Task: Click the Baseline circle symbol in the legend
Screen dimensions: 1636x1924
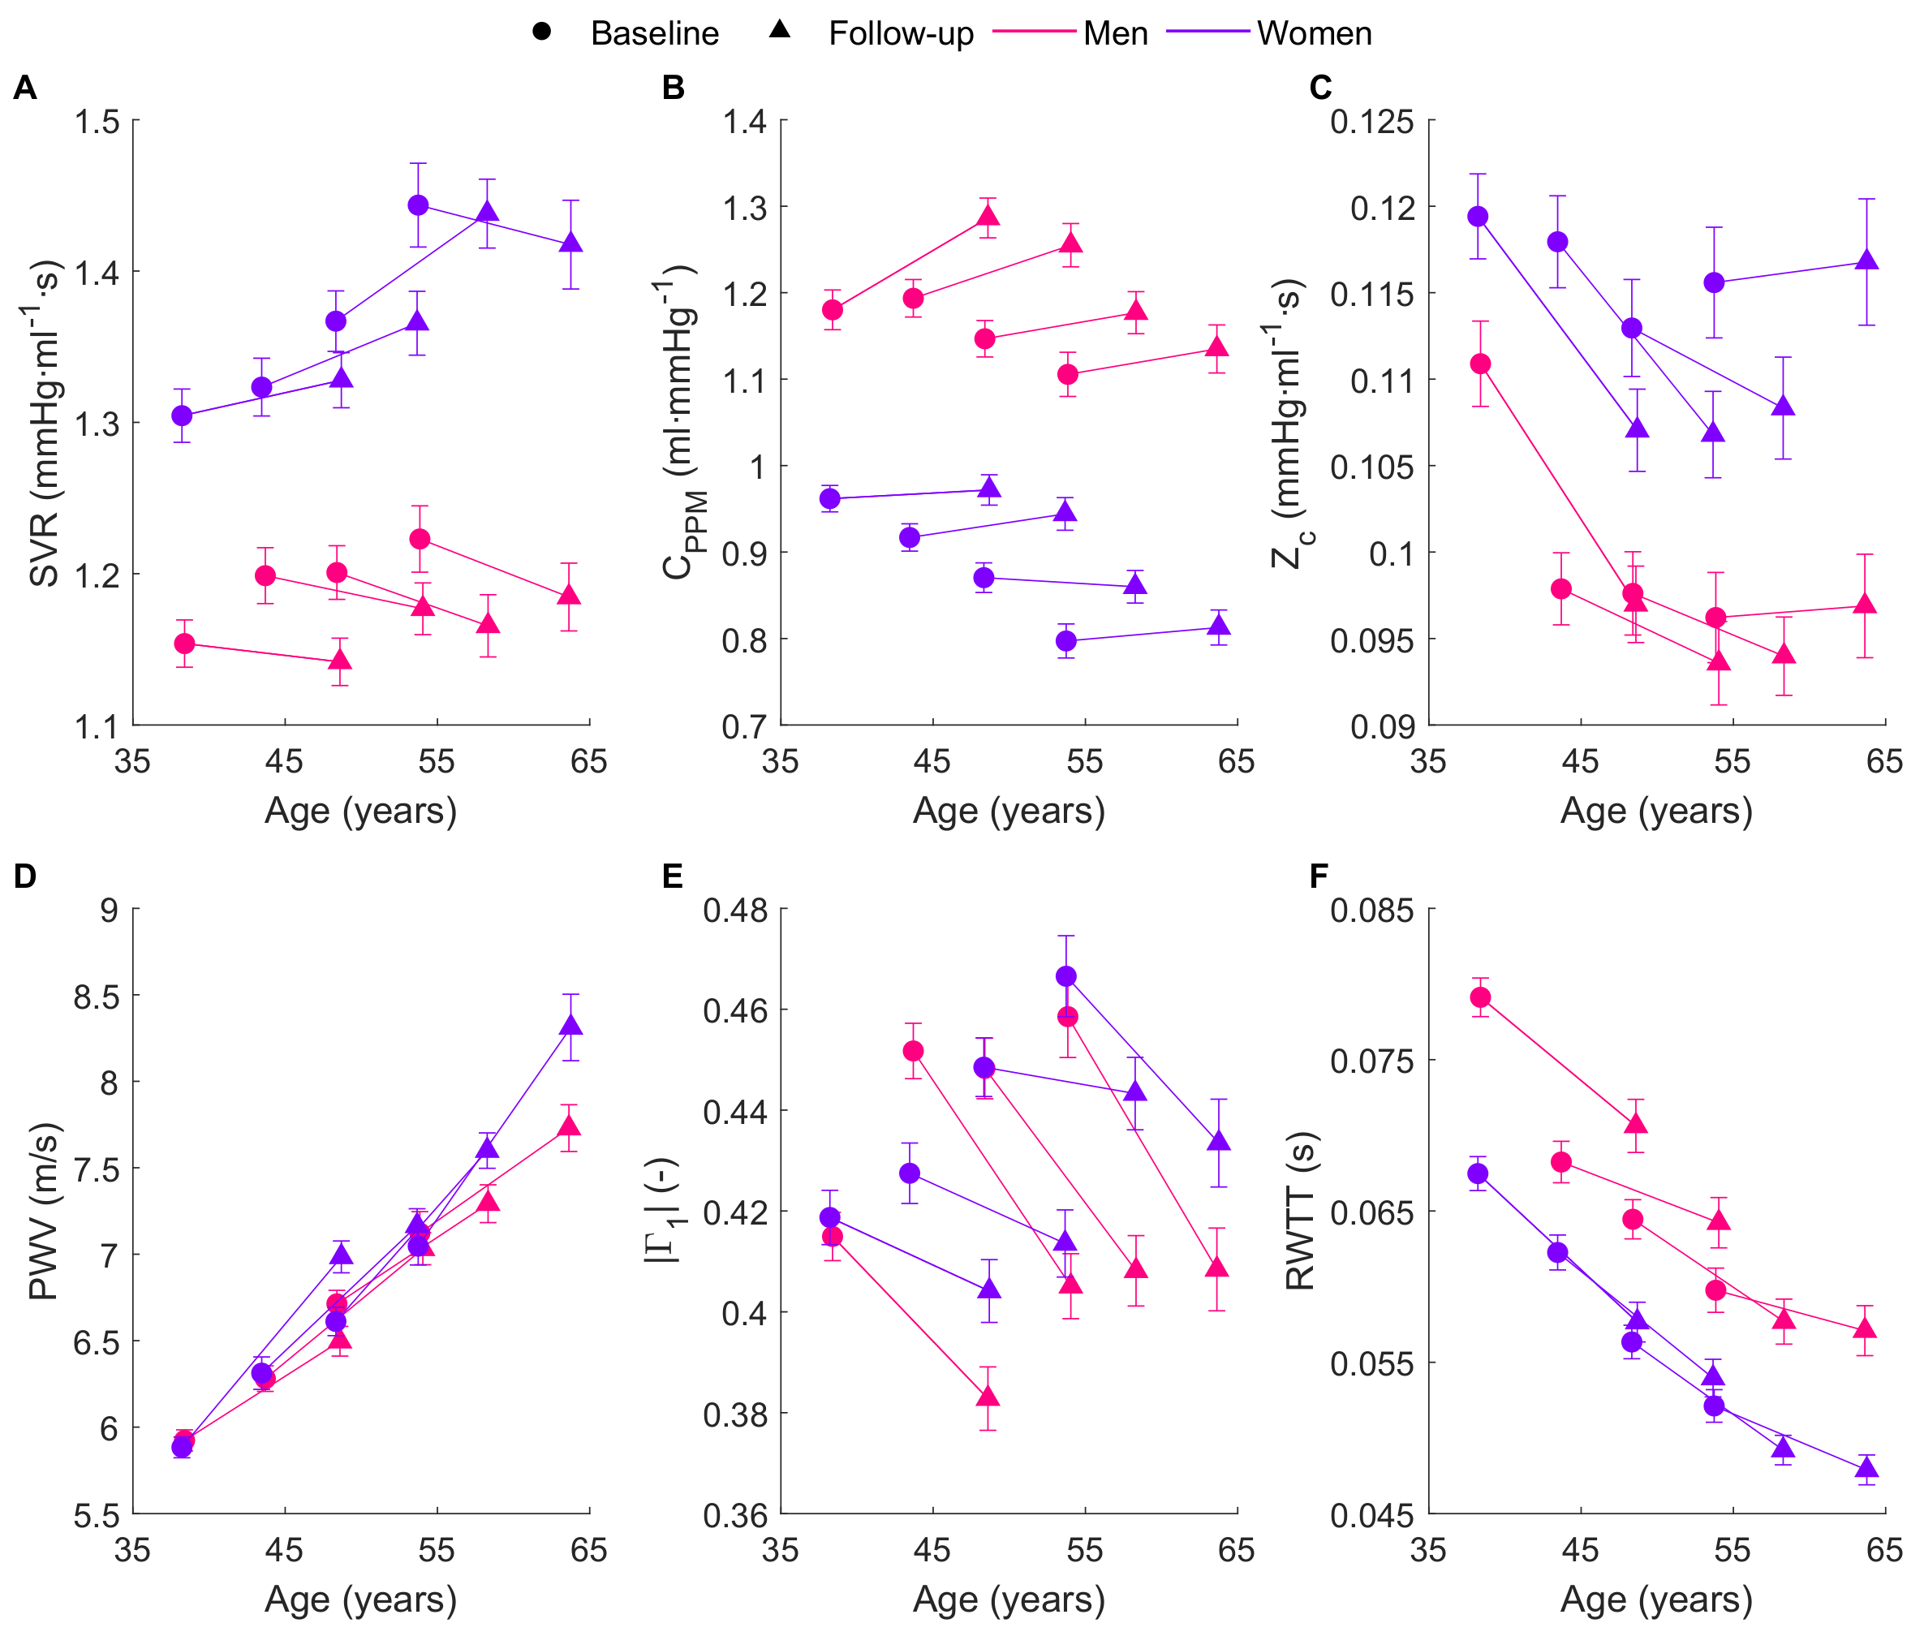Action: pyautogui.click(x=541, y=32)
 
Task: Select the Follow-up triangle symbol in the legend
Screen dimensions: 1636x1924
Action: pyautogui.click(x=780, y=30)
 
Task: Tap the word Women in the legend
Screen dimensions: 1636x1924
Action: pyautogui.click(x=1314, y=33)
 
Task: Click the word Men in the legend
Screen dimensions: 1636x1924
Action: pyautogui.click(x=1116, y=33)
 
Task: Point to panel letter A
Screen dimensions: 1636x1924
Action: pyautogui.click(x=25, y=87)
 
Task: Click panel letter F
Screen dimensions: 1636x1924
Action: pyautogui.click(x=1319, y=876)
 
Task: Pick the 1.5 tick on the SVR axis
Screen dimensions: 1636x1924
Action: pyautogui.click(x=97, y=122)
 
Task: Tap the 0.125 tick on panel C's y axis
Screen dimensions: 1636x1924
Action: pyautogui.click(x=1372, y=122)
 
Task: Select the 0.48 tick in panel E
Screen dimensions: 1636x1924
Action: pyautogui.click(x=736, y=910)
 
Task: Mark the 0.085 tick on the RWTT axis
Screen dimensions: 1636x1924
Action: pyautogui.click(x=1372, y=910)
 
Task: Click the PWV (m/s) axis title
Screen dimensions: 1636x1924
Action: pyautogui.click(x=45, y=1212)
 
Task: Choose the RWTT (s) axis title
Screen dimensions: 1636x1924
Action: pyautogui.click(x=1300, y=1212)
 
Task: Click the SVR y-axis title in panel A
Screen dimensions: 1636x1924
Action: pyautogui.click(x=45, y=423)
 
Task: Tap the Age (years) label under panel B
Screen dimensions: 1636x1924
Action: pyautogui.click(x=1009, y=811)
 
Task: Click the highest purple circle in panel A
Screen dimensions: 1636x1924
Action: pyautogui.click(x=418, y=205)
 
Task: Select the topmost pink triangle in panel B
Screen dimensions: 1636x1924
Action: pyautogui.click(x=988, y=216)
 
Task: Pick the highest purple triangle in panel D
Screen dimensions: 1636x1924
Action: pyautogui.click(x=571, y=1025)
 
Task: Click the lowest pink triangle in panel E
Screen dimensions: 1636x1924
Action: pyautogui.click(x=988, y=1396)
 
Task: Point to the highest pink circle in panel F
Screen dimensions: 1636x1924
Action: pyautogui.click(x=1481, y=997)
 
